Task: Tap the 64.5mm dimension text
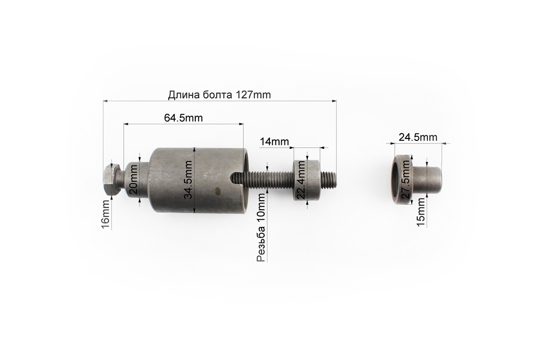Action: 184,118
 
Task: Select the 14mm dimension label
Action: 274,142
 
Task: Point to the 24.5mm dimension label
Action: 418,137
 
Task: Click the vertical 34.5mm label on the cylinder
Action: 188,180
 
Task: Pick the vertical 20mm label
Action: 133,180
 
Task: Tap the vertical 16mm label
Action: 105,214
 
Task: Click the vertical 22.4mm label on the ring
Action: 301,180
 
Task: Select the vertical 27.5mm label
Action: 406,180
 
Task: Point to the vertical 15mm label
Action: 421,212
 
